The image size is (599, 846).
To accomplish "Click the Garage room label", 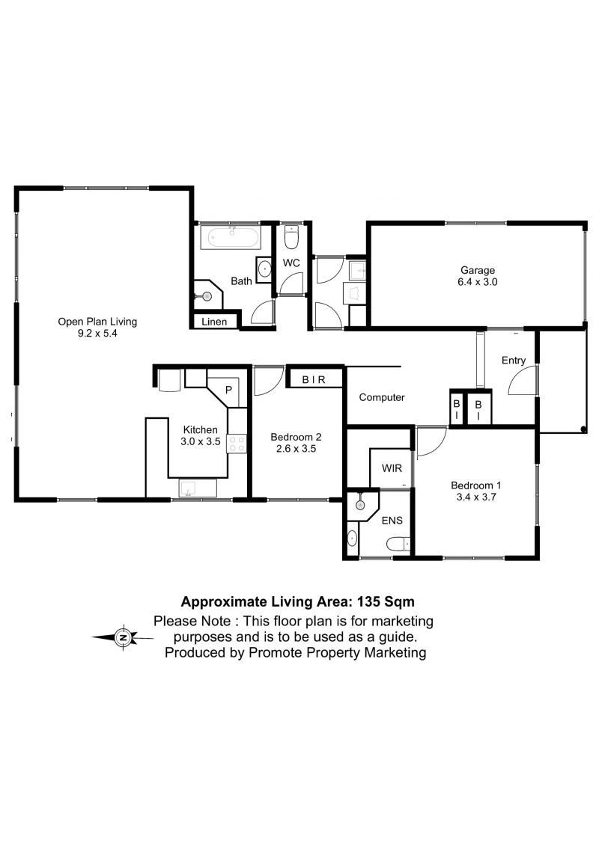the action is click(478, 270).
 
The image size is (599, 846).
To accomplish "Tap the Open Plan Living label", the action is click(97, 322).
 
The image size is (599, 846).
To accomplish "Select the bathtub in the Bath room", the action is click(231, 237).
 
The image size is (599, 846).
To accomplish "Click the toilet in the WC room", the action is click(291, 237).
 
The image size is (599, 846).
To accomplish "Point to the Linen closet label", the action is click(214, 322).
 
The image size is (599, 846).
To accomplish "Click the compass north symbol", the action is click(124, 638).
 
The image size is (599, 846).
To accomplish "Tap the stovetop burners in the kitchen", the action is click(237, 444).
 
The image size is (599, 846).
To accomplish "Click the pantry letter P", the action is click(228, 389).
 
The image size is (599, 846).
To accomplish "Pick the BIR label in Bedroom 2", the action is click(314, 380).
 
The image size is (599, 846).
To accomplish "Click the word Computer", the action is click(382, 397).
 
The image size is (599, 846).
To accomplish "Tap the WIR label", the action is click(392, 468).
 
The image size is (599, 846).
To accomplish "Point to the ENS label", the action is click(392, 520).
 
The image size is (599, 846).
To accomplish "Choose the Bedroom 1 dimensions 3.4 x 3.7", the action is click(476, 497).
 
